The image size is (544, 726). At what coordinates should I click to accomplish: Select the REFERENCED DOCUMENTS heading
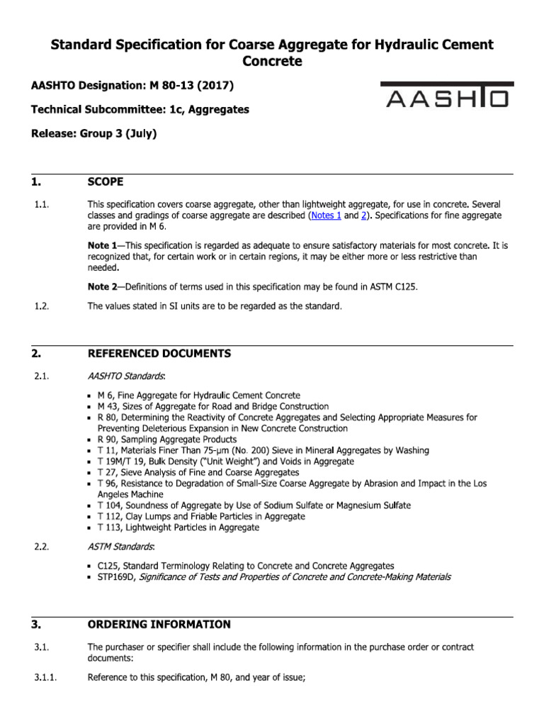click(x=159, y=353)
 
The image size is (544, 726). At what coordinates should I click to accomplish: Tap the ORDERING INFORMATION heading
click(x=159, y=625)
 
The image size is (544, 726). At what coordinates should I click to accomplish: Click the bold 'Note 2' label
click(x=101, y=286)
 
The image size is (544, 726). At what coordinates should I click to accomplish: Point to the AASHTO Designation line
click(x=132, y=86)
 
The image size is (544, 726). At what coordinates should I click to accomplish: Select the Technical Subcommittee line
click(x=140, y=110)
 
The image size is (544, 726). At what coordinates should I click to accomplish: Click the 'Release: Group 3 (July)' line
click(x=93, y=134)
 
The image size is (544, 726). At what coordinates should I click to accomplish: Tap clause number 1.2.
click(x=40, y=306)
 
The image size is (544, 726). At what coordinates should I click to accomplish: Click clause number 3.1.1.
click(x=45, y=678)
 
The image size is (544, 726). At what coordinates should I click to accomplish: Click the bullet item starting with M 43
click(x=212, y=406)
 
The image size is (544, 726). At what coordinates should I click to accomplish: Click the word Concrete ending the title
click(x=272, y=62)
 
